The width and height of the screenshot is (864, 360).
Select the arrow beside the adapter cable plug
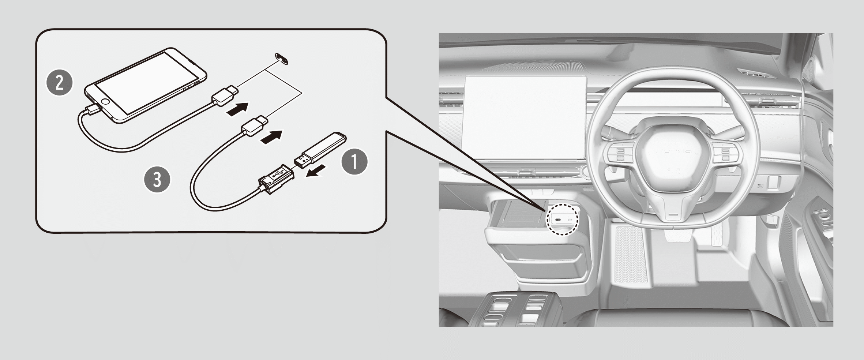[x=272, y=138]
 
